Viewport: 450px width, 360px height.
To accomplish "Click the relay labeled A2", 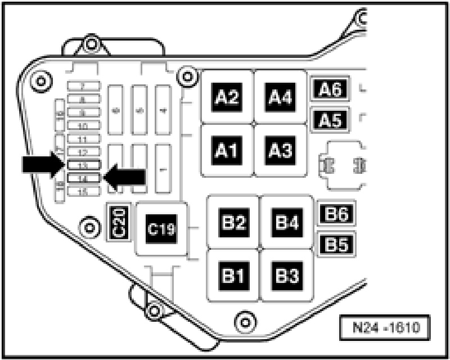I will click(x=228, y=97).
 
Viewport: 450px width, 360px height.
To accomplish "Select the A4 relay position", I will click(x=280, y=97).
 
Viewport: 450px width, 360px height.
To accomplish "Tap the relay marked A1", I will click(x=228, y=150).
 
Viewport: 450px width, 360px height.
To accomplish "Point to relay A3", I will click(x=280, y=150).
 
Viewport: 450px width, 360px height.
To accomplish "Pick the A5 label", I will click(x=330, y=119).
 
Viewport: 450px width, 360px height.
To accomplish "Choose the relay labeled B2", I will click(x=233, y=222).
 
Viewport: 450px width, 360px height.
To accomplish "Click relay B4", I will click(x=286, y=222).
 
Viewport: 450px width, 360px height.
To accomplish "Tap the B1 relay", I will click(x=233, y=276).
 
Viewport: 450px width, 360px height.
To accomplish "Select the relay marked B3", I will click(x=286, y=276).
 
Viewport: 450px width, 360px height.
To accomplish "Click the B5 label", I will click(x=336, y=244).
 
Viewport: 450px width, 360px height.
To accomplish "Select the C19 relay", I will click(x=161, y=228).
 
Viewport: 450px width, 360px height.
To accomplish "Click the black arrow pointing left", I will click(x=125, y=178).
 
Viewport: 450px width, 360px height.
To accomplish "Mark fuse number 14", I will click(x=83, y=178).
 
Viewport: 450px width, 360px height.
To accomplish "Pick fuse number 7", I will click(x=83, y=86).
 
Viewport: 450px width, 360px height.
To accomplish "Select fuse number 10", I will click(x=83, y=125).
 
